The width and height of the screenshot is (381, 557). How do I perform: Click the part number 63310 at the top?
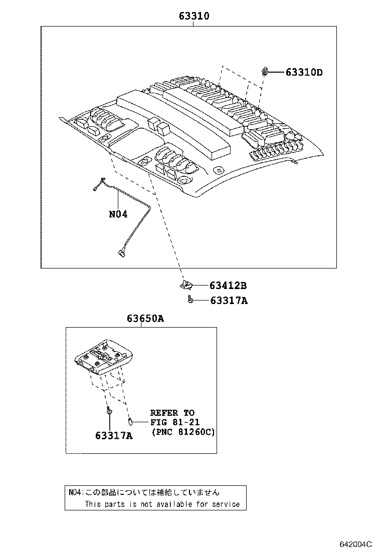[194, 16]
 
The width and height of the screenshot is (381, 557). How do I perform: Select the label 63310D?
[304, 72]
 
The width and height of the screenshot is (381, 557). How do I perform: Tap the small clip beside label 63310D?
[264, 72]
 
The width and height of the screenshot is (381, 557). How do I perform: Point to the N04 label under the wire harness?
[118, 214]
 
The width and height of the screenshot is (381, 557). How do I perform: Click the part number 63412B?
[228, 286]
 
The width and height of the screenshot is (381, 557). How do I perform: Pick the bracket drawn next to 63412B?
[187, 285]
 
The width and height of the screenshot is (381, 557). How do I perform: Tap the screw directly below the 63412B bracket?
[190, 300]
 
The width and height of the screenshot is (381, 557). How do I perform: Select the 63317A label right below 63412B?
[229, 301]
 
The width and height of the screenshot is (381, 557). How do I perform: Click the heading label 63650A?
[145, 319]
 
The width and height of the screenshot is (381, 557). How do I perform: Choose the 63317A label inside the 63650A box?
[114, 435]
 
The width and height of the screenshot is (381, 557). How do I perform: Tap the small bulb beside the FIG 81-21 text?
[130, 422]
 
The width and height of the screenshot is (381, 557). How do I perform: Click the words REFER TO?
[172, 413]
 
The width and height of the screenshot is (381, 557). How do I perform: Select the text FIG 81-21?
[175, 422]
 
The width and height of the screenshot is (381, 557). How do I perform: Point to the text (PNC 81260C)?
[183, 432]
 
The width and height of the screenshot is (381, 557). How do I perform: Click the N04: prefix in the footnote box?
[75, 493]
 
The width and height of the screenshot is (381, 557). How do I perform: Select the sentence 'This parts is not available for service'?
[162, 504]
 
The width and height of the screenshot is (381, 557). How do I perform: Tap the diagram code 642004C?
[355, 544]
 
